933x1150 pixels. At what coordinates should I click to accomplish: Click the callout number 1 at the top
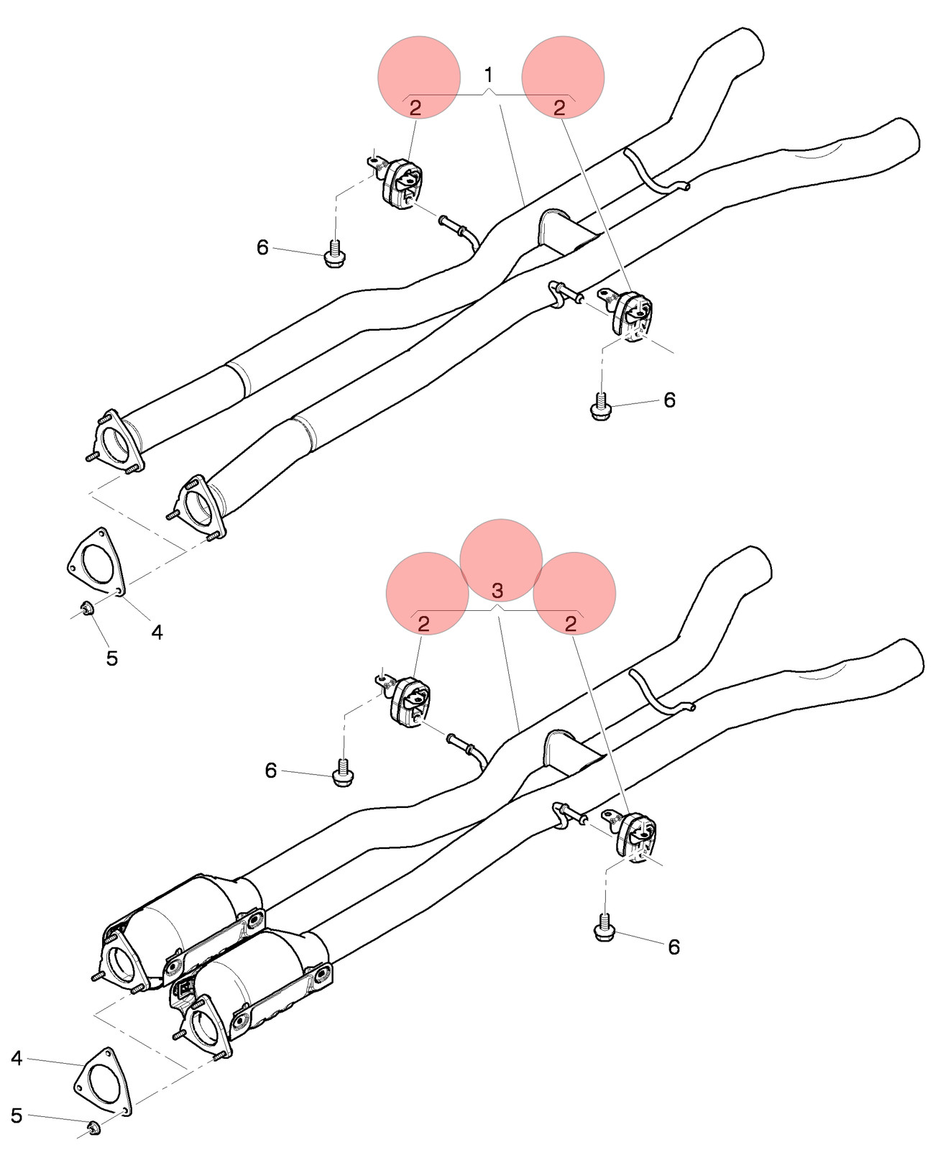tap(489, 75)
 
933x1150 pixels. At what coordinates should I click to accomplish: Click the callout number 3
tap(497, 591)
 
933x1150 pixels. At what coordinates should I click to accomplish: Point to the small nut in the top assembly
tap(86, 609)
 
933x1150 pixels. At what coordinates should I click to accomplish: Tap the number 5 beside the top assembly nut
tap(111, 658)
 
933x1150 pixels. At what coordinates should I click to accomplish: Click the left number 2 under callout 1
tap(415, 108)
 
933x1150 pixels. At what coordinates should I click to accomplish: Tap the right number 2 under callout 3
tap(571, 625)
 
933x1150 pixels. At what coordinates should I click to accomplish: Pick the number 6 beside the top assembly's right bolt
tap(669, 400)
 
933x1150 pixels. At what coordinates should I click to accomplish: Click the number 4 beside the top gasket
tap(157, 632)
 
